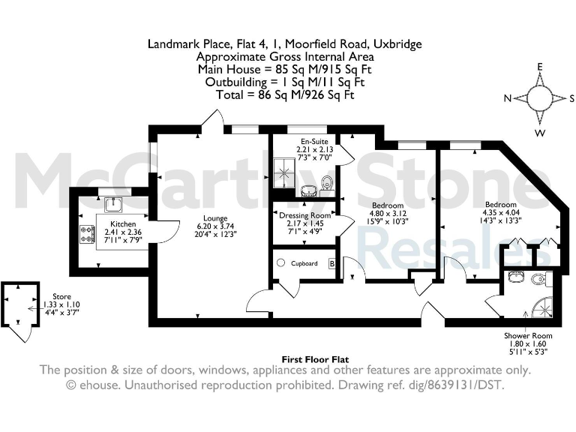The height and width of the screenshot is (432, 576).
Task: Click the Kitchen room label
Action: pyautogui.click(x=123, y=224)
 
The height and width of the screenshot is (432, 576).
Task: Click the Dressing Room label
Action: pyautogui.click(x=305, y=216)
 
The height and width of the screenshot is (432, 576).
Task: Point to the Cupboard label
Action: pyautogui.click(x=304, y=263)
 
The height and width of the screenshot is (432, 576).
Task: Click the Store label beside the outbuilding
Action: pyautogui.click(x=51, y=297)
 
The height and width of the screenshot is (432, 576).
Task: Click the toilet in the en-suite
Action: pyautogui.click(x=326, y=182)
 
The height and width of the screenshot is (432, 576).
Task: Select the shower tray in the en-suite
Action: pyautogui.click(x=286, y=173)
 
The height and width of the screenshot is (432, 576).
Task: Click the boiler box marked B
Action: pyautogui.click(x=331, y=263)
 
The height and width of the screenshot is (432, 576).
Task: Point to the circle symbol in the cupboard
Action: pyautogui.click(x=280, y=263)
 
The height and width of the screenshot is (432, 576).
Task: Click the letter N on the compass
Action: pyautogui.click(x=507, y=99)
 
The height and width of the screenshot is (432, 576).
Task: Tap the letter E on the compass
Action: pyautogui.click(x=539, y=67)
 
